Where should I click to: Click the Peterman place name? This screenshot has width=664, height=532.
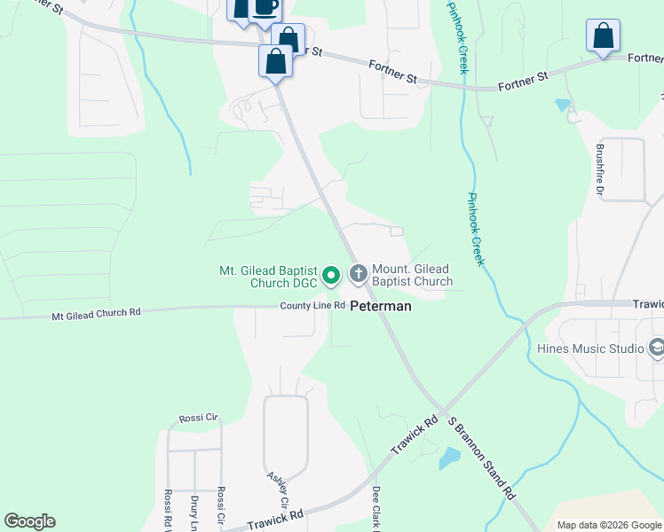tap(381, 306)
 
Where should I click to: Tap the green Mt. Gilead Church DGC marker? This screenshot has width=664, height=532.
tap(331, 276)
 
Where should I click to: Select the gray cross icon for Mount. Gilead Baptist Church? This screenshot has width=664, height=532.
tap(359, 273)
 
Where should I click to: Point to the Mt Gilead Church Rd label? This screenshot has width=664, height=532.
tap(96, 313)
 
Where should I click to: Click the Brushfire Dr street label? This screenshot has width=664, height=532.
tap(600, 169)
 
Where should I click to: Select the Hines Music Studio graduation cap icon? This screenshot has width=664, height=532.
tap(657, 348)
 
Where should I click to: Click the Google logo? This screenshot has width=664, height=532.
tap(29, 521)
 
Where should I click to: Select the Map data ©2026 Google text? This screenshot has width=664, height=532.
tap(608, 524)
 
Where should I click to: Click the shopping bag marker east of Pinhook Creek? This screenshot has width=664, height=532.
tap(603, 36)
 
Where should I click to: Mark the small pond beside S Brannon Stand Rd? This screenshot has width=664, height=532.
tap(449, 458)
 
